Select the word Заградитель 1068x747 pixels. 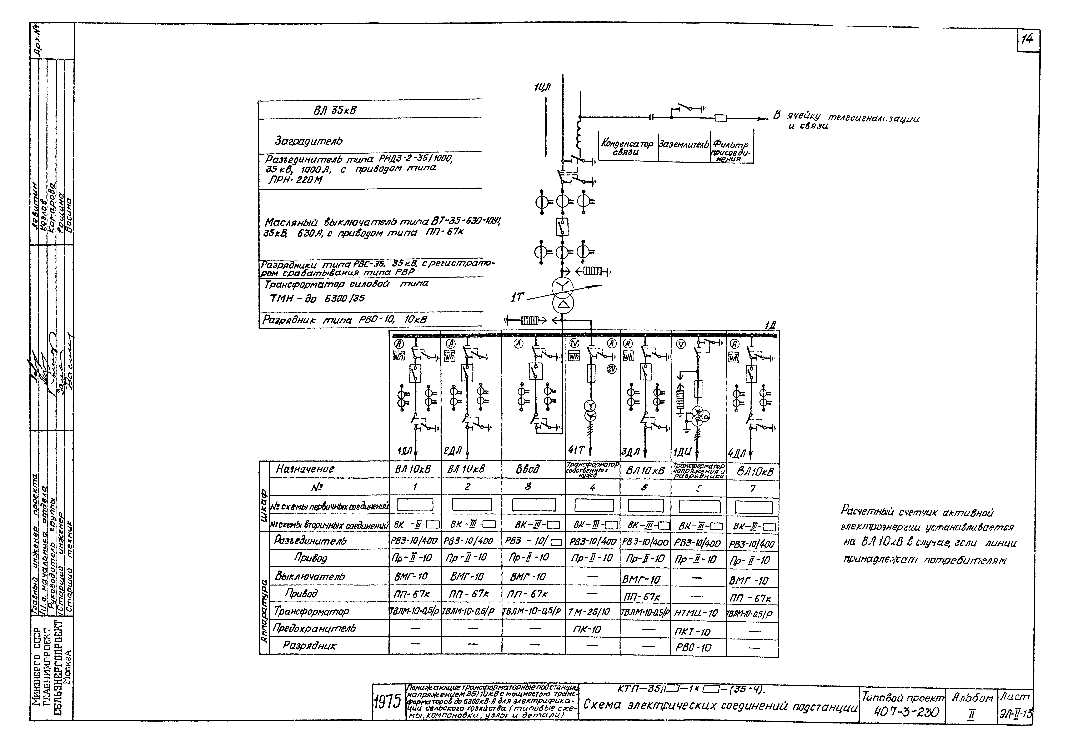[309, 140]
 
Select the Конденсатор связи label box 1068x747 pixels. [627, 148]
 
